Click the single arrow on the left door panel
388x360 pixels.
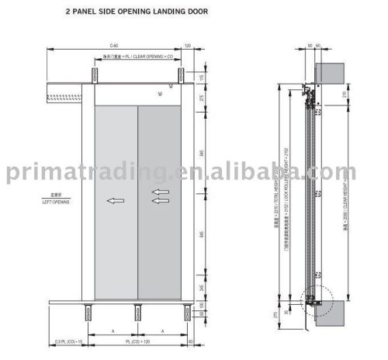coord(115,201)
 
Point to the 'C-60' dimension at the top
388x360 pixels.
coord(114,47)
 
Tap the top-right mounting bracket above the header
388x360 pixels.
coord(181,75)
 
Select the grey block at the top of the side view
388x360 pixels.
coord(331,72)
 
